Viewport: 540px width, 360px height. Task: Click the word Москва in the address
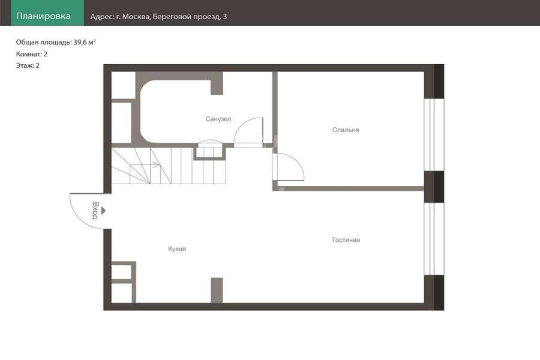(136, 17)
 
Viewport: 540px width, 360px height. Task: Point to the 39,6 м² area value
(85, 43)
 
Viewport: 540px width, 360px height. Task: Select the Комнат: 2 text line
(32, 54)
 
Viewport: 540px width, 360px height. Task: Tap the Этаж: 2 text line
(28, 65)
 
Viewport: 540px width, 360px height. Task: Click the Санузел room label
(218, 119)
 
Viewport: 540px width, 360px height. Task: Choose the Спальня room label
(346, 130)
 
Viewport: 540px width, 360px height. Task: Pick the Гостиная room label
(346, 240)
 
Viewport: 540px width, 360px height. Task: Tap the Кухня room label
(177, 249)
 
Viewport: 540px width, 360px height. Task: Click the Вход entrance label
(95, 211)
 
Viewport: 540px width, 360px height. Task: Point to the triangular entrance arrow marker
(103, 211)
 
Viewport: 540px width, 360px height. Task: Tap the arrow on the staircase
(155, 165)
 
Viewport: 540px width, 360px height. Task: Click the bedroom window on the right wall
(434, 134)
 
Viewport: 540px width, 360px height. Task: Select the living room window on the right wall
(434, 239)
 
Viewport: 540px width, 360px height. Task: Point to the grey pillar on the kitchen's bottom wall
(217, 290)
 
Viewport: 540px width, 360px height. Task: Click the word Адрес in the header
(101, 17)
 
